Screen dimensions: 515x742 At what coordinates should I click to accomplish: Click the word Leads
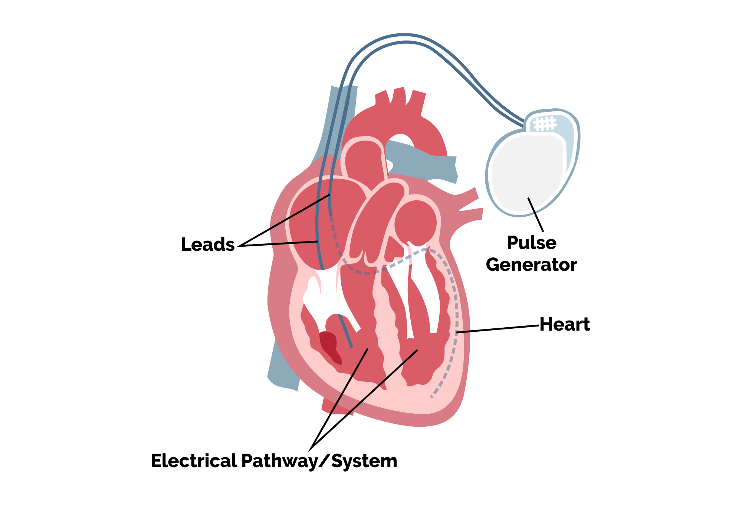point(207,245)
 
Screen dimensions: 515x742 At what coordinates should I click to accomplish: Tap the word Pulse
point(531,243)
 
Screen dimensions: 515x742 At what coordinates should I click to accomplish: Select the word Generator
point(531,265)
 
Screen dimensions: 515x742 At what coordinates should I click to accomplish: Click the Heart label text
point(564,324)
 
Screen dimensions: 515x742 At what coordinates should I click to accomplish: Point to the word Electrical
point(194,461)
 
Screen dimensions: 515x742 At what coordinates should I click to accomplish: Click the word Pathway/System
point(319,461)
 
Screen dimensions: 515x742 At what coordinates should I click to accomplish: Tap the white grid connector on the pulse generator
point(545,124)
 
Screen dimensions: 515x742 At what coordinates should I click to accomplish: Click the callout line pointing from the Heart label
point(497,329)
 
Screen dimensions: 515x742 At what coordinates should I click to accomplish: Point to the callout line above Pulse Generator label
point(535,214)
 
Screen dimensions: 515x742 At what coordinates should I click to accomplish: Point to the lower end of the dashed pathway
point(431,397)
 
